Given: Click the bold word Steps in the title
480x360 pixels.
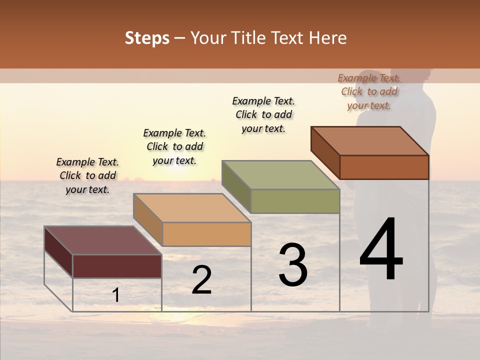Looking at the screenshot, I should tap(147, 38).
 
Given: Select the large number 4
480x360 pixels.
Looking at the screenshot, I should tap(381, 250).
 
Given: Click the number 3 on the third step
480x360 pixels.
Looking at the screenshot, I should tap(293, 265).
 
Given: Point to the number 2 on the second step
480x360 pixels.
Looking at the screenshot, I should tap(201, 280).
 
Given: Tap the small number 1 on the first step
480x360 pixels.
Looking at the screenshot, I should tap(116, 295).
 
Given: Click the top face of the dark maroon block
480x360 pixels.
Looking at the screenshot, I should tap(102, 240).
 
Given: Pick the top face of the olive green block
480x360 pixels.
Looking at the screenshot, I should tap(280, 175).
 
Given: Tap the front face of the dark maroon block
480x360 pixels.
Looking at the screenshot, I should tap(117, 266).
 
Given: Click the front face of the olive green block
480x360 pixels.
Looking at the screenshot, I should tap(295, 201).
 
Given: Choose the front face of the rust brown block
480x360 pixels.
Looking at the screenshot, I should tap(384, 167).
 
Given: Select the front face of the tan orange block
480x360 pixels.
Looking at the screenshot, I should tap(206, 234).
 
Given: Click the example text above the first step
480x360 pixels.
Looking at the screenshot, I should tap(87, 175).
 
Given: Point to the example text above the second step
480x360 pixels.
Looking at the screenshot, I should tap(174, 146).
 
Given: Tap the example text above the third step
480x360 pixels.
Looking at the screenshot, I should tap(263, 114).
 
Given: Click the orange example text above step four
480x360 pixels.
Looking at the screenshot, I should tap(369, 91).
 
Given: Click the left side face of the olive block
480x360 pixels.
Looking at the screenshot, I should tap(236, 186).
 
